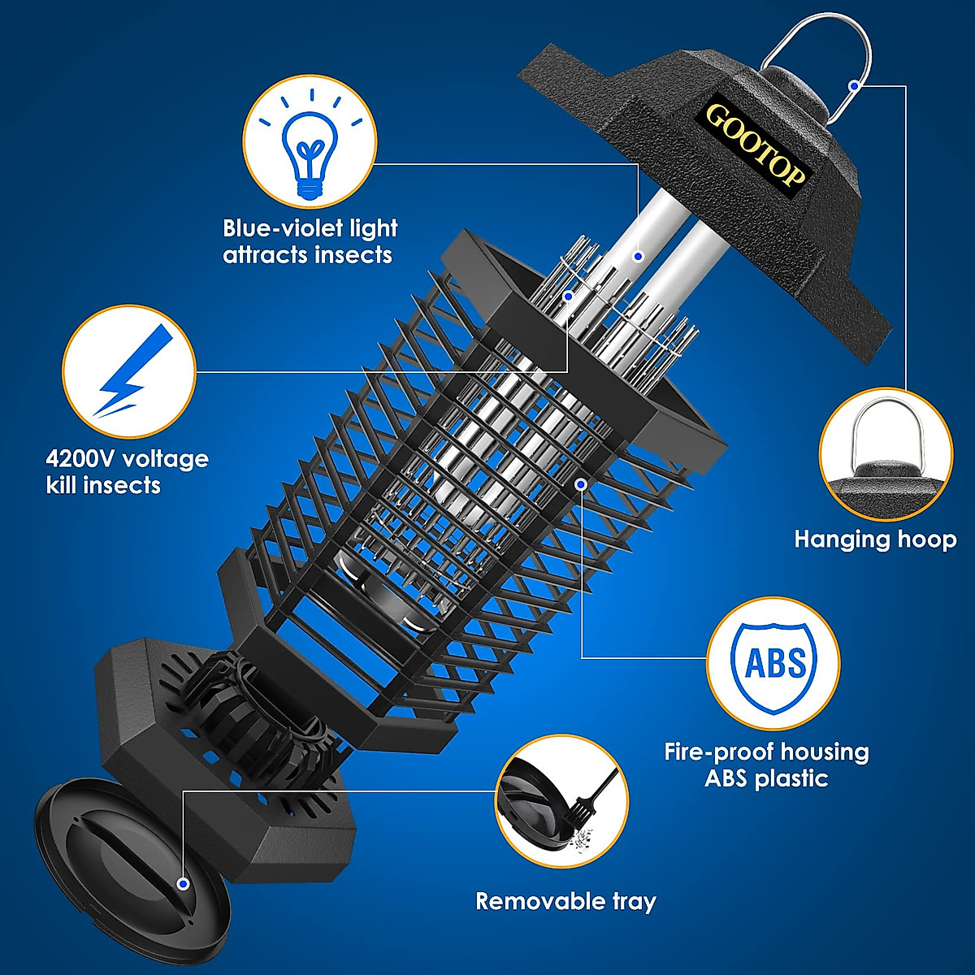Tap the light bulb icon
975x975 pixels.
point(310,147)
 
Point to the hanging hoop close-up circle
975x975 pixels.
point(886,455)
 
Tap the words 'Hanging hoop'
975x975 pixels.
point(875,539)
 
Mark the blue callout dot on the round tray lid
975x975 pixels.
point(183,883)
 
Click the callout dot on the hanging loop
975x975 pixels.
point(854,84)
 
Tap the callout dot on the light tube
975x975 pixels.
point(639,257)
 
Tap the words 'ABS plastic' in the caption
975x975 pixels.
point(766,778)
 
